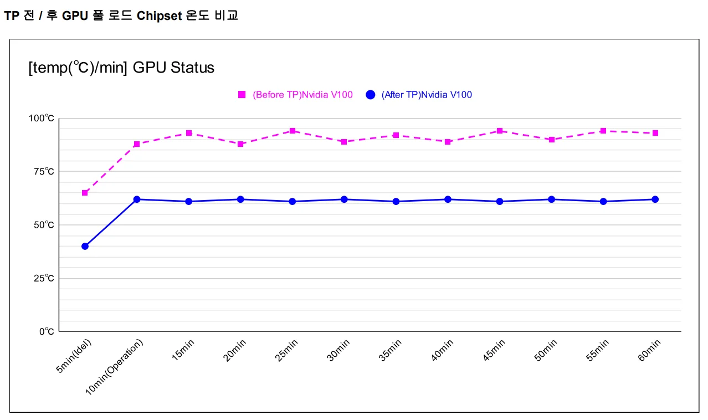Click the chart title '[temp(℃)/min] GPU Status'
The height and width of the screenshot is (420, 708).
tap(121, 68)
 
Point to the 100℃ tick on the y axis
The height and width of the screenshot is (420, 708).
tap(42, 118)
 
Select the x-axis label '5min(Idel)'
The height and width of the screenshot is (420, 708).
tap(74, 356)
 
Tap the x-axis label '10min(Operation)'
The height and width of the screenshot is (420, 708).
tap(114, 367)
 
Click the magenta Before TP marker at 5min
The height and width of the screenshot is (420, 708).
tap(85, 193)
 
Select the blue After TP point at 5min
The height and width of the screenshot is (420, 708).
tap(85, 246)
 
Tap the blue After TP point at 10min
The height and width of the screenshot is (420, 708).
tap(137, 199)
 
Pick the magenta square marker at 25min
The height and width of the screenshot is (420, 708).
tap(293, 131)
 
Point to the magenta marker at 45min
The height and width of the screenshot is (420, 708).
tap(500, 131)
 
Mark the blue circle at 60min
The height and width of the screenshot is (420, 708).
tap(655, 199)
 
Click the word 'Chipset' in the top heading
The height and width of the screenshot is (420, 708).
tap(159, 16)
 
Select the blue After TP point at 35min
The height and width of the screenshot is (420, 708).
tap(396, 201)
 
